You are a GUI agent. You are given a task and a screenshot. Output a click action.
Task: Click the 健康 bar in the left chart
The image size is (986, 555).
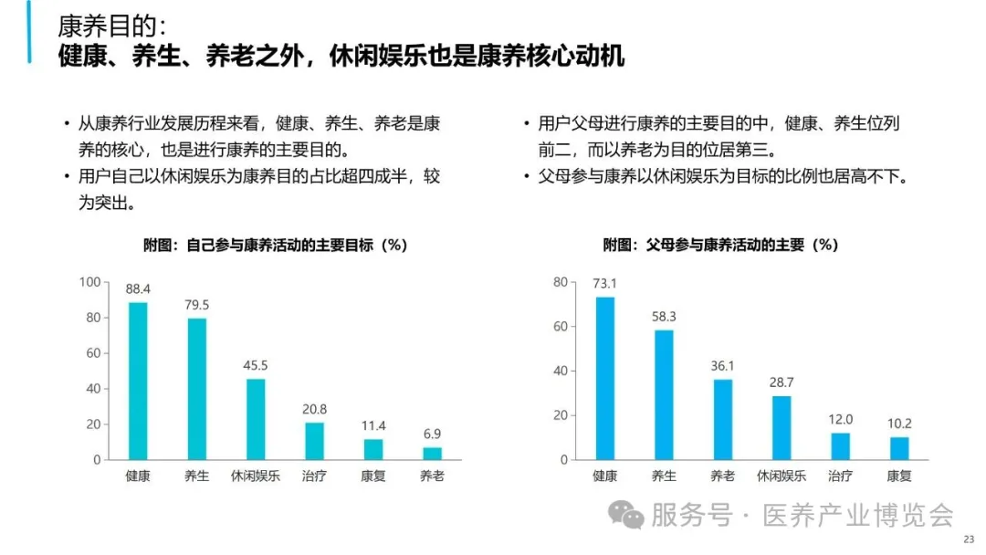[x=138, y=381]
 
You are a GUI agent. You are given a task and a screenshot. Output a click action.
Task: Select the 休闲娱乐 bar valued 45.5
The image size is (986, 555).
[x=256, y=419]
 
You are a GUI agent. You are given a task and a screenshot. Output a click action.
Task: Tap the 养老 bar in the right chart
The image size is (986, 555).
[x=722, y=419]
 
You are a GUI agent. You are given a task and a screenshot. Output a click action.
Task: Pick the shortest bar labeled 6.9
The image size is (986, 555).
[x=432, y=453]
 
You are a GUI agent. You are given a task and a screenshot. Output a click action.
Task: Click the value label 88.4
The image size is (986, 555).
[x=138, y=289]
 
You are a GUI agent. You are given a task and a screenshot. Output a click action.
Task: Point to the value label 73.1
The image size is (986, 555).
[x=605, y=283]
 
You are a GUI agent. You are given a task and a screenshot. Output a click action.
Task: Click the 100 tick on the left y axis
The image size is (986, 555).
[x=89, y=282]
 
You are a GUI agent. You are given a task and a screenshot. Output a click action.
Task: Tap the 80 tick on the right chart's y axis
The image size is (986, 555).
[x=561, y=282]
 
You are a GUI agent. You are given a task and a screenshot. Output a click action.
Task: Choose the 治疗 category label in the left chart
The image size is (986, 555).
[x=314, y=476]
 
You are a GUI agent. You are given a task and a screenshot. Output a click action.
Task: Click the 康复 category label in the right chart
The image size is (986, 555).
[x=899, y=476]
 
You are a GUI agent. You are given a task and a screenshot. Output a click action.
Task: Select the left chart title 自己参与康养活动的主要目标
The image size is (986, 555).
[x=275, y=245]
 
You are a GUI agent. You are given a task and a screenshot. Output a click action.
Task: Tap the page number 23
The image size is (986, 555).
[x=969, y=539]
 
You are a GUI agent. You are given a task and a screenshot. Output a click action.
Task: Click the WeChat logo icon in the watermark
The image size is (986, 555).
[x=626, y=516]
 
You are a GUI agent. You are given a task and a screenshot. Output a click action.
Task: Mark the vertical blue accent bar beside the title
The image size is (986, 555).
[x=29, y=32]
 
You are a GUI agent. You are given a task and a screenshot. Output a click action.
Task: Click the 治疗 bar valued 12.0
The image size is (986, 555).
[x=839, y=445]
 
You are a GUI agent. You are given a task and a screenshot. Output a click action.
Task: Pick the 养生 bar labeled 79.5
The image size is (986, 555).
[x=196, y=389]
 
